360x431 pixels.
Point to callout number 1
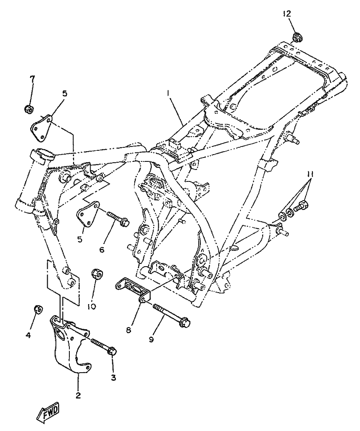point(169,92)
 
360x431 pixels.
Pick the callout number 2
point(78,395)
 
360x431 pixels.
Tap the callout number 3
point(113,377)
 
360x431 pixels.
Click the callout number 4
point(29,335)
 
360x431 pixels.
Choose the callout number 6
point(102,250)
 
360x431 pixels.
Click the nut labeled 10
point(97,274)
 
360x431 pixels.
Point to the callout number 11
point(310,174)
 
